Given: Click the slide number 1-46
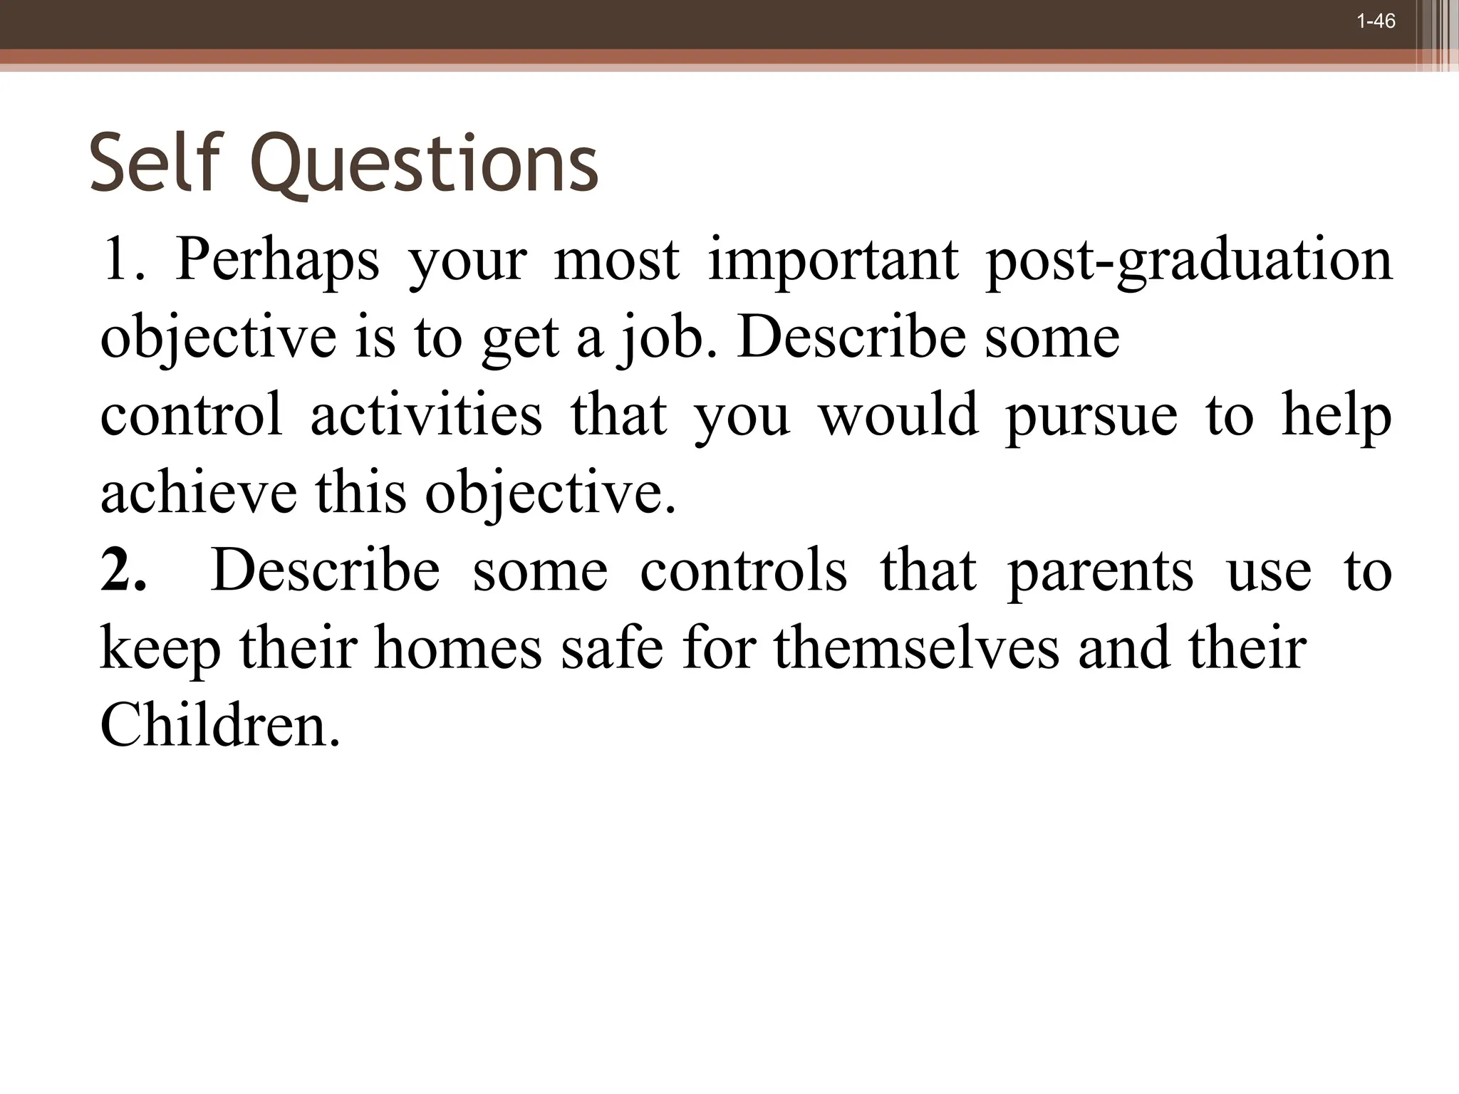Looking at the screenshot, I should pyautogui.click(x=1376, y=21).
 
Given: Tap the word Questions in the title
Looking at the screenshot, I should pyautogui.click(x=425, y=165).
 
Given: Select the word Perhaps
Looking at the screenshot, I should pyautogui.click(x=277, y=261).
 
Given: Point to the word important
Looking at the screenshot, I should pyautogui.click(x=833, y=261).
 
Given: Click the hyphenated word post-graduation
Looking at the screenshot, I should pyautogui.click(x=1189, y=261).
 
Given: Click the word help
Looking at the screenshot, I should pyautogui.click(x=1336, y=416).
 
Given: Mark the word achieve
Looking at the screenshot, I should pyautogui.click(x=199, y=493).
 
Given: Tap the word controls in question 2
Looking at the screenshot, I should pyautogui.click(x=744, y=570).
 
